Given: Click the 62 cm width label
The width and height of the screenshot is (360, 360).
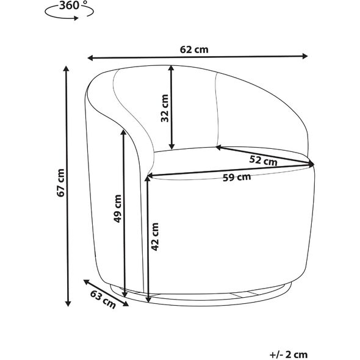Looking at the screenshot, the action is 194,49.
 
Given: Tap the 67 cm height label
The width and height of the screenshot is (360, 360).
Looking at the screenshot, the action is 60,183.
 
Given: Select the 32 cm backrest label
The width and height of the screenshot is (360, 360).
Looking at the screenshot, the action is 165,108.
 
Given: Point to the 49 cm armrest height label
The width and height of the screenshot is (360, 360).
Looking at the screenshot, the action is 117,209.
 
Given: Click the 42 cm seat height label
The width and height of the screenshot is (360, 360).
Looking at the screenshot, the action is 155,237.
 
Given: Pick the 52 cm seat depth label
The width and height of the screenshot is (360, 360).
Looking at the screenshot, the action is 264,160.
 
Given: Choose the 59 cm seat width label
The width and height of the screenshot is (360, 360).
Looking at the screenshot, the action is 237,177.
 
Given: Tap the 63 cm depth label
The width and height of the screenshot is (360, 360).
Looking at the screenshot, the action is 103,299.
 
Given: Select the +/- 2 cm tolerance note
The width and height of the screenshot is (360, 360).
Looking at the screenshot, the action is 289,355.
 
